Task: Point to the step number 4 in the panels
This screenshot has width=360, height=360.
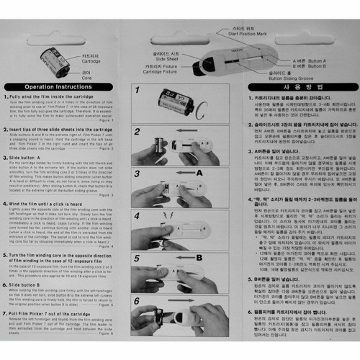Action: pos(137,215)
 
